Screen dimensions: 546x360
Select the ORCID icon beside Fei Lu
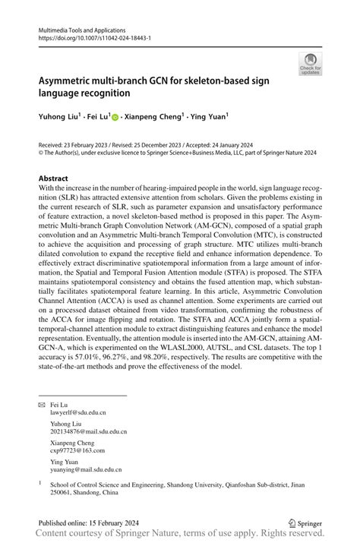point(115,118)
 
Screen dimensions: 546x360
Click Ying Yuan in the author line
point(207,118)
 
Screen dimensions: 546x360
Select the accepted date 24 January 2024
point(245,144)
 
